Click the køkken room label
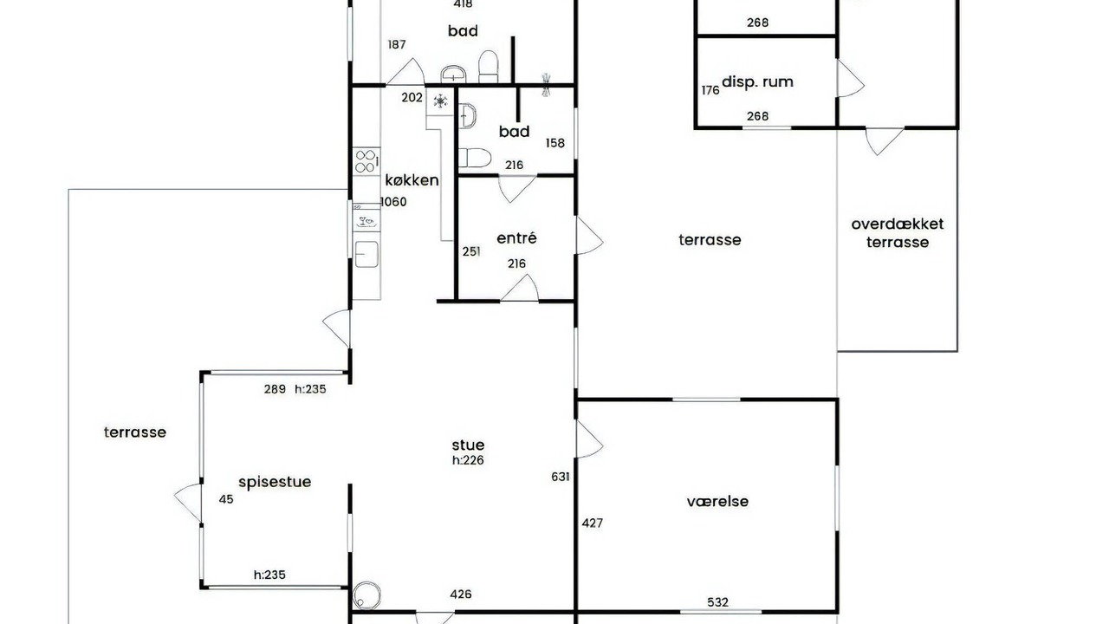pos(412,180)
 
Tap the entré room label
pos(516,238)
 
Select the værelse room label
pos(717,502)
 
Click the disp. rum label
pos(757,81)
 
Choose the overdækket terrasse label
pos(897,233)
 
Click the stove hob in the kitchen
pos(366,161)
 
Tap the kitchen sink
pos(366,254)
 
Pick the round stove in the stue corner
pos(366,595)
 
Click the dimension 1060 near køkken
pos(393,202)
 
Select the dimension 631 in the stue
pos(561,477)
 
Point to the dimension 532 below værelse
pos(718,602)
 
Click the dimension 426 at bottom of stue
pos(461,595)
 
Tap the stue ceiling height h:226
pos(468,460)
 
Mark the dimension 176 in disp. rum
pos(710,91)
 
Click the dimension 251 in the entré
pos(471,251)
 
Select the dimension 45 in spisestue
pos(226,499)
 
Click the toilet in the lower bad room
pos(474,158)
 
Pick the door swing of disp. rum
pos(851,78)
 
